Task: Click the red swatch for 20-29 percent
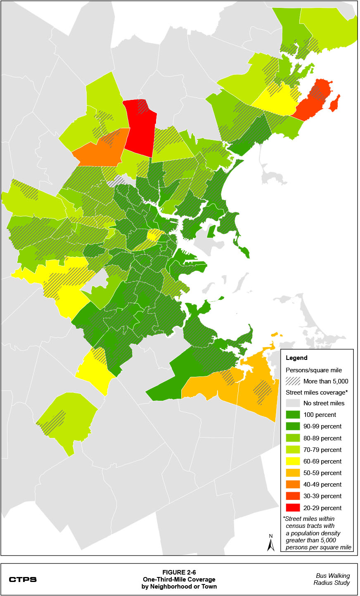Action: pyautogui.click(x=293, y=508)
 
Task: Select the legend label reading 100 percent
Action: pyautogui.click(x=320, y=415)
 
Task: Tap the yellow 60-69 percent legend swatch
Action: pyautogui.click(x=293, y=461)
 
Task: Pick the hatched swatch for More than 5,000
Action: pyautogui.click(x=293, y=381)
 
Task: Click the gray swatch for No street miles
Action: pyautogui.click(x=293, y=403)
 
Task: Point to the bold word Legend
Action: pyautogui.click(x=296, y=358)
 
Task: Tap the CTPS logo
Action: pyautogui.click(x=23, y=579)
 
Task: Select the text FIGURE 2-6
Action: pyautogui.click(x=179, y=572)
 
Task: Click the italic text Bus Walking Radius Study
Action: pyautogui.click(x=332, y=579)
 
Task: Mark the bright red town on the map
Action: pyautogui.click(x=140, y=128)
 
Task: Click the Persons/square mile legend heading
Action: pyautogui.click(x=314, y=370)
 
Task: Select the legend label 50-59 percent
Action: pyautogui.click(x=322, y=473)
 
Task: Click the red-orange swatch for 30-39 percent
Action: pyautogui.click(x=293, y=496)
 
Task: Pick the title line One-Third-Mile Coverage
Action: pyautogui.click(x=179, y=579)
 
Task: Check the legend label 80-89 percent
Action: pyautogui.click(x=322, y=438)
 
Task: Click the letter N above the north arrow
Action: pyautogui.click(x=271, y=536)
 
